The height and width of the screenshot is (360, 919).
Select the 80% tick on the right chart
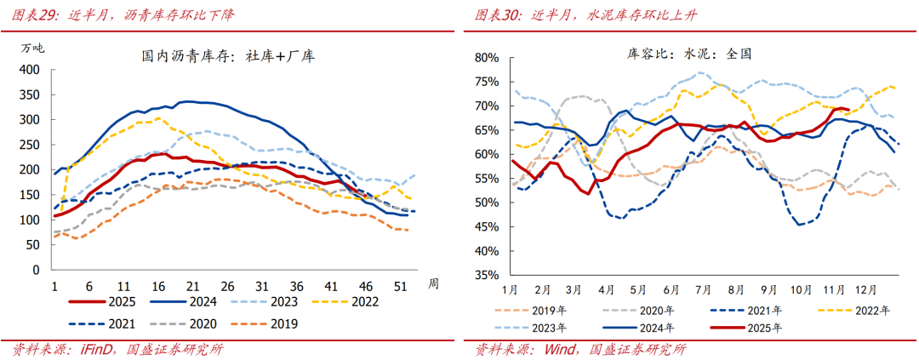485,58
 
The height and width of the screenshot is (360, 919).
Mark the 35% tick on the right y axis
485,276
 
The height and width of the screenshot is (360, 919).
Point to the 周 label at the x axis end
433,283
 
